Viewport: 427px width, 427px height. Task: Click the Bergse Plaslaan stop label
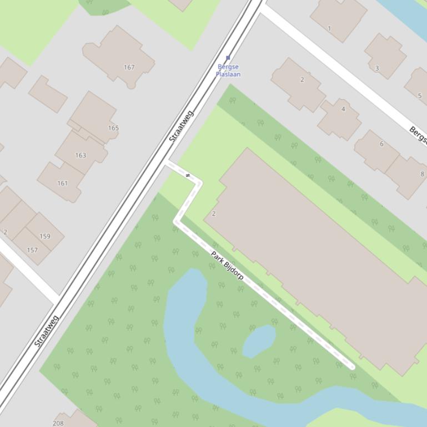[x=228, y=70]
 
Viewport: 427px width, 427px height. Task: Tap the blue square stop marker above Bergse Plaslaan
[x=228, y=58]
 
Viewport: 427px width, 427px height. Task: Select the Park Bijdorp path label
[x=227, y=265]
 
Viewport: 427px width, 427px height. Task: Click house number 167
[x=129, y=68]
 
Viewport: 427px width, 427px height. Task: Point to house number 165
[x=113, y=128]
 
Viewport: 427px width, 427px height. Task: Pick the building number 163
[x=81, y=155]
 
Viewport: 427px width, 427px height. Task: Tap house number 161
[x=62, y=184]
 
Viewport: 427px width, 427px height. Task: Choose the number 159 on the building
[x=45, y=236]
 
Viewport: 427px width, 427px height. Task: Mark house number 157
[x=32, y=250]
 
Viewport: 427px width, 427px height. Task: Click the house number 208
[x=58, y=423]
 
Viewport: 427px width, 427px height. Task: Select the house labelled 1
[x=329, y=29]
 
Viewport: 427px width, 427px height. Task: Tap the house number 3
[x=377, y=69]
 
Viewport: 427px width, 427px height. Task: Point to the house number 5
[x=420, y=96]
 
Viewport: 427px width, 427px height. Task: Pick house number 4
[x=343, y=109]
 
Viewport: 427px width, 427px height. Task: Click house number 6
[x=381, y=144]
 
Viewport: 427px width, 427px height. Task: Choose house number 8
[x=422, y=174]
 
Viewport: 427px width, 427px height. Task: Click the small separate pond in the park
[x=259, y=339]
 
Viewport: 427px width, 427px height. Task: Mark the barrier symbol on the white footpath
[x=188, y=176]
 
